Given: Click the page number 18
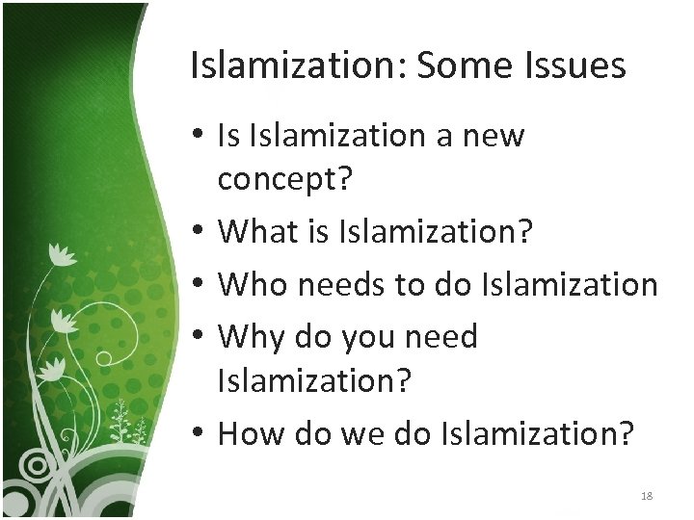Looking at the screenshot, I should [x=646, y=496].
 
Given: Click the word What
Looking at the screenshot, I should [x=254, y=231].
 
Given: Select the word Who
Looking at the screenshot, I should [x=254, y=284].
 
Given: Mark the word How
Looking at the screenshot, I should [x=252, y=433].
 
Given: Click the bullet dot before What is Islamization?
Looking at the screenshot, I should [x=197, y=232].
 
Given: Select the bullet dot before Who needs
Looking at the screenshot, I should [x=197, y=285].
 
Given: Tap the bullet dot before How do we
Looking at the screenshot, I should [x=197, y=434].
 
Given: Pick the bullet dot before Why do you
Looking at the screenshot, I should [x=197, y=338].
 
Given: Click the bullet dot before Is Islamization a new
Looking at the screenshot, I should [x=197, y=137].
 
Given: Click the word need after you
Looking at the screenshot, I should [x=440, y=337].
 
